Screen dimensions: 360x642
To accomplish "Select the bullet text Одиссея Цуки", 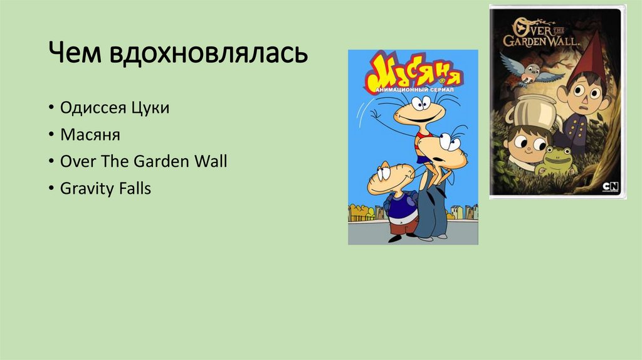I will pyautogui.click(x=115, y=108).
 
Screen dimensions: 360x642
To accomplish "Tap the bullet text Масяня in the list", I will pyautogui.click(x=90, y=135).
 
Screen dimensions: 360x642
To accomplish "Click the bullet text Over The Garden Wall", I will pyautogui.click(x=144, y=162).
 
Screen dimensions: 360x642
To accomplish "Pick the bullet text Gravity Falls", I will pyautogui.click(x=105, y=189).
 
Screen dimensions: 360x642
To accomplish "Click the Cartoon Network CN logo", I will pyautogui.click(x=609, y=186).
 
